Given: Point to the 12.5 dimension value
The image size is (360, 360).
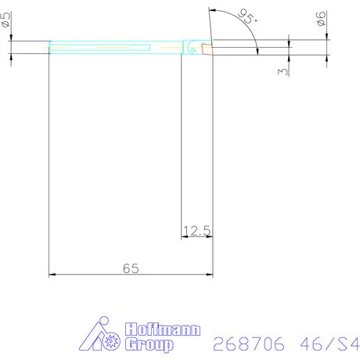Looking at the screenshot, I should (196, 229).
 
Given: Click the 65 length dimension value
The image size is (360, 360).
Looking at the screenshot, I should (131, 268).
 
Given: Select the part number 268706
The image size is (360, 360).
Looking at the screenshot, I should (248, 344).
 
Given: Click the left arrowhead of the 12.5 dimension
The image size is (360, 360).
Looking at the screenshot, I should (185, 236).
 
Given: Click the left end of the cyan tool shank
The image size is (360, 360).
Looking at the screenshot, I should (51, 48).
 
